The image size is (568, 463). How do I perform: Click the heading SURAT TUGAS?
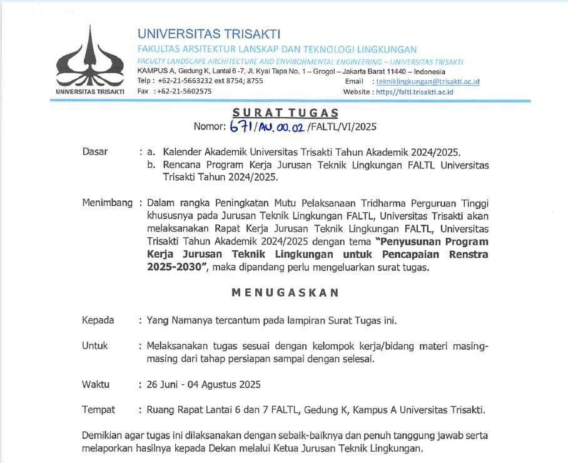point(285,113)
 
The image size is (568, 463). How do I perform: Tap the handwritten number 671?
point(240,126)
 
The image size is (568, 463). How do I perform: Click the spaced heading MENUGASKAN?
point(285,293)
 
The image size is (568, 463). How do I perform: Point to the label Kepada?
point(98,320)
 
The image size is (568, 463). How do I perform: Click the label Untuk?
point(95,345)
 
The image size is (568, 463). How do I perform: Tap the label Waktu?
point(96,384)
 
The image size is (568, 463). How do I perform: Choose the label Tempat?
point(98,410)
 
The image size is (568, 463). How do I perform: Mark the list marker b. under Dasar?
point(151,165)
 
